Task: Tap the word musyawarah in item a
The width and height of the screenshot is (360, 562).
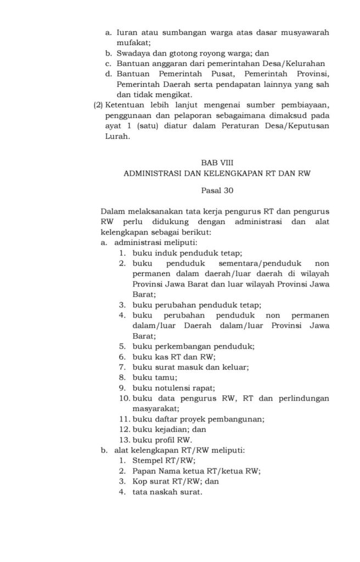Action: pos(305,32)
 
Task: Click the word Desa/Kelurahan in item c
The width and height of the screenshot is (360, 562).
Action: pos(294,64)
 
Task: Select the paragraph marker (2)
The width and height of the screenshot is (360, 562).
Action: pos(98,105)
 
